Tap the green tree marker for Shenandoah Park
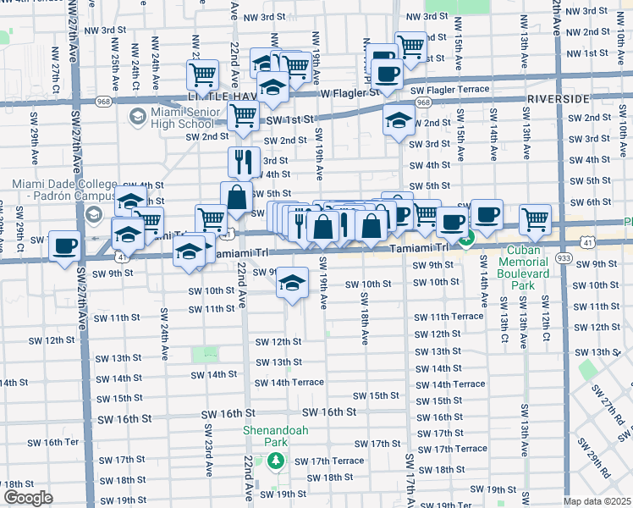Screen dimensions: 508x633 click(x=274, y=461)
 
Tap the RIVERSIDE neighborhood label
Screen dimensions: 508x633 click(x=557, y=99)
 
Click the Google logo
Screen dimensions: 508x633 click(x=28, y=498)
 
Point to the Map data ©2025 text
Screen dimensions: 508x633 click(x=597, y=501)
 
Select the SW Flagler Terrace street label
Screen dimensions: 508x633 click(x=449, y=90)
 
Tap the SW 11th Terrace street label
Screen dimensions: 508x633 click(x=448, y=316)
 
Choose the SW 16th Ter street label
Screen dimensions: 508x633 click(x=61, y=442)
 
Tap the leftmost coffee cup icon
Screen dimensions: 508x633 click(x=65, y=246)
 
